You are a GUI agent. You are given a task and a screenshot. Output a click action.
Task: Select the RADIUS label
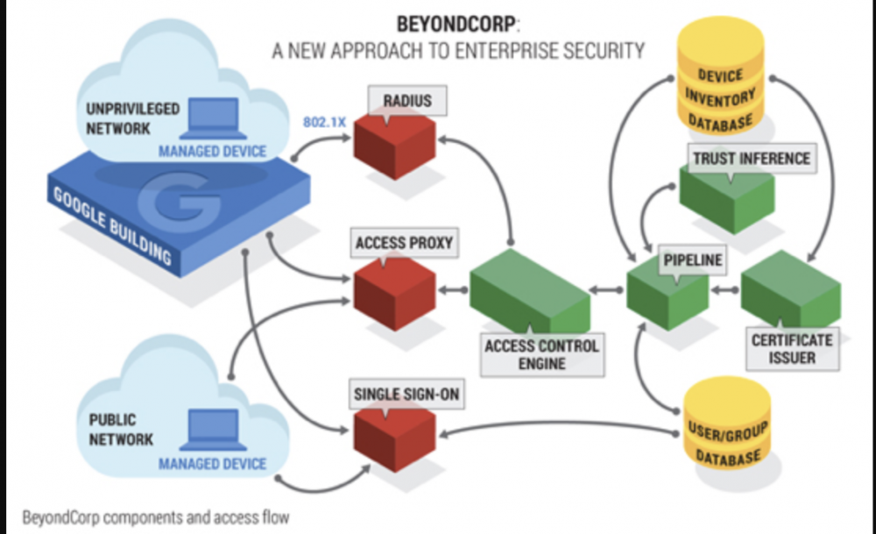[x=407, y=100]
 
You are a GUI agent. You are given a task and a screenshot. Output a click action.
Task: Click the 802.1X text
[x=324, y=122]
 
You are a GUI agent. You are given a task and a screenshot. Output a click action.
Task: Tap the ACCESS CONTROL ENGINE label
[x=542, y=353]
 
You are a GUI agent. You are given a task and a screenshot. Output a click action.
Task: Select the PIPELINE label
[x=693, y=260]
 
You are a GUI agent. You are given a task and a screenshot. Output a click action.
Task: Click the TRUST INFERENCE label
[x=752, y=159]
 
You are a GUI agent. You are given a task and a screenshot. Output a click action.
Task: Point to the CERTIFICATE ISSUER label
[x=793, y=348]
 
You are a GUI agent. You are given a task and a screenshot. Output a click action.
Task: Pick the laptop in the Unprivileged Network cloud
[x=213, y=119]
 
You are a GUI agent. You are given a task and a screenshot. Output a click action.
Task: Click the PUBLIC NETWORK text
[x=124, y=430]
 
